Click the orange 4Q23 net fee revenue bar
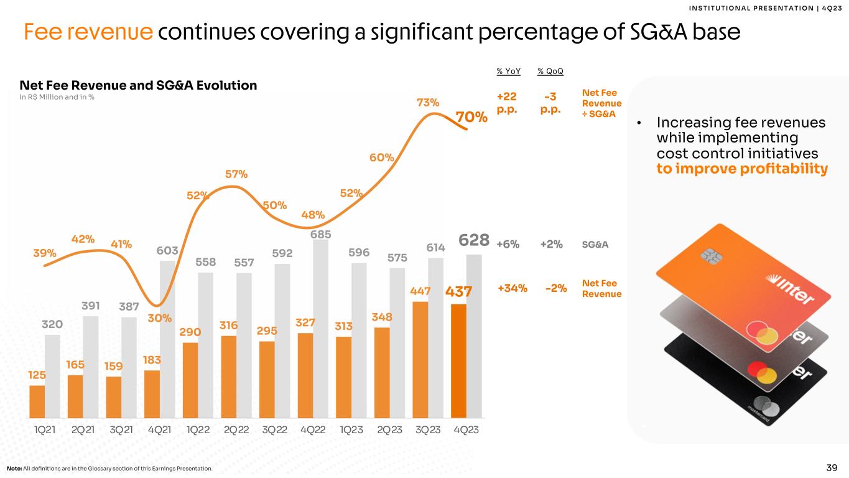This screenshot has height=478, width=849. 458,361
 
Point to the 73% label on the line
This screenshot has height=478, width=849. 428,102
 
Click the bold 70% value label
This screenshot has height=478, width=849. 471,117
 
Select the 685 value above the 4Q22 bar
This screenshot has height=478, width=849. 320,235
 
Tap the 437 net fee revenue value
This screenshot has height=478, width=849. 459,292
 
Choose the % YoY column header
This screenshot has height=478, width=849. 509,72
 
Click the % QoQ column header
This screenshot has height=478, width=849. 550,72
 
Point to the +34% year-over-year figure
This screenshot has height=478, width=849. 513,288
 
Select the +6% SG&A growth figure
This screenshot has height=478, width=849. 509,245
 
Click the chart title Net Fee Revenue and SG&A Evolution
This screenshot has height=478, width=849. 138,85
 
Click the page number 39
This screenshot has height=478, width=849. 832,467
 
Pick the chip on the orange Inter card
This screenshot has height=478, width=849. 708,255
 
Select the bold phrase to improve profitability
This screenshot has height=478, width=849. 742,169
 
